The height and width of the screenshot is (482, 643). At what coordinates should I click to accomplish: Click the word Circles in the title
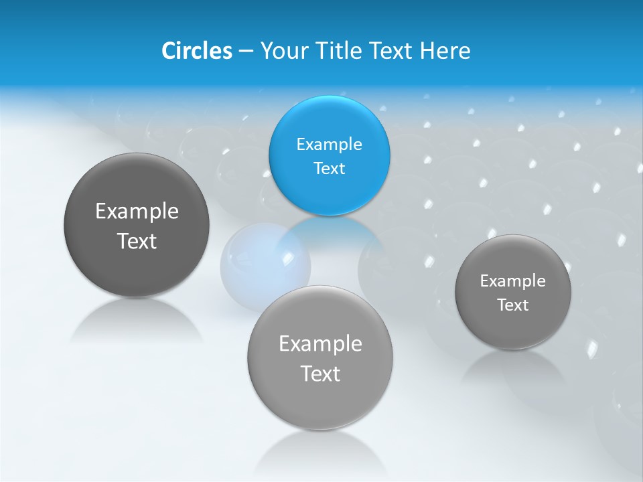196,51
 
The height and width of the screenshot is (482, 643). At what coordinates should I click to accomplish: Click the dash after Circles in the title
246,52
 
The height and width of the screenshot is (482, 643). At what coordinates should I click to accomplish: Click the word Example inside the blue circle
329,144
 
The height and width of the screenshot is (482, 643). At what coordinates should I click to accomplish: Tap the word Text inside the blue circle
329,168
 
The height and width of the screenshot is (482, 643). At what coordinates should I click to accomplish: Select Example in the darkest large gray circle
137,212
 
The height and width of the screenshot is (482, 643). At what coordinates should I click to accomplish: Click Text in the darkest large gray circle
137,241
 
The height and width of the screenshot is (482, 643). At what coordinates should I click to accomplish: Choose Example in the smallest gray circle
512,280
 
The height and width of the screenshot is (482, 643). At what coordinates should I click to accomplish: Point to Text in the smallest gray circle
512,305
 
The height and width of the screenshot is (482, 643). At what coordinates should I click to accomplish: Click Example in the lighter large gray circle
320,344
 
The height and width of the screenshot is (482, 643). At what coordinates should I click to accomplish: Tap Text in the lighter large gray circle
320,374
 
